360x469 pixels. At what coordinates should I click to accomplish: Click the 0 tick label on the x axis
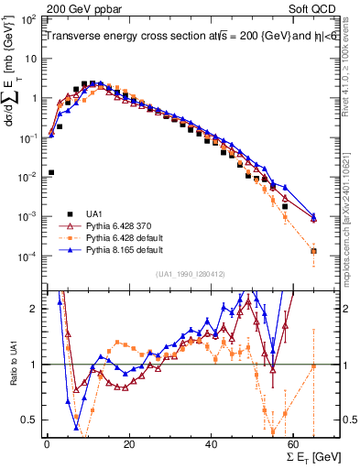[47, 444]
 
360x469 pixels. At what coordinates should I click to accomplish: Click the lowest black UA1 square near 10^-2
[51, 172]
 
